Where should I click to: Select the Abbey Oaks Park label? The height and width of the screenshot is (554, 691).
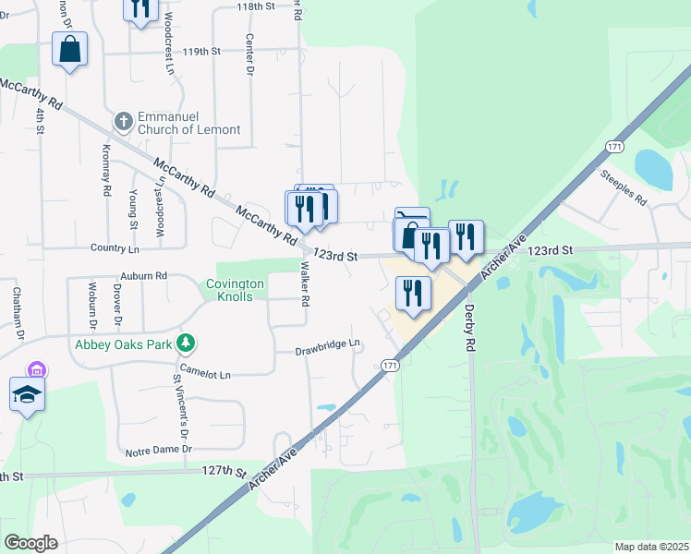[125, 344]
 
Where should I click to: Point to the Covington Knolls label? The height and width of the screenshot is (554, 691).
[235, 290]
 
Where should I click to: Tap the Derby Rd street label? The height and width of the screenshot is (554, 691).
[469, 328]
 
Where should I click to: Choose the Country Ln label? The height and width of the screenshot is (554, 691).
[115, 249]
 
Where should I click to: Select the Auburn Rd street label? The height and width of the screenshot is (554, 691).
[143, 275]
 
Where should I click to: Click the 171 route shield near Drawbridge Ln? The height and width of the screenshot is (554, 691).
[391, 367]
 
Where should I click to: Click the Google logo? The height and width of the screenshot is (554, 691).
[30, 543]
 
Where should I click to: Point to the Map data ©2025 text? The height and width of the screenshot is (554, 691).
[651, 547]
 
